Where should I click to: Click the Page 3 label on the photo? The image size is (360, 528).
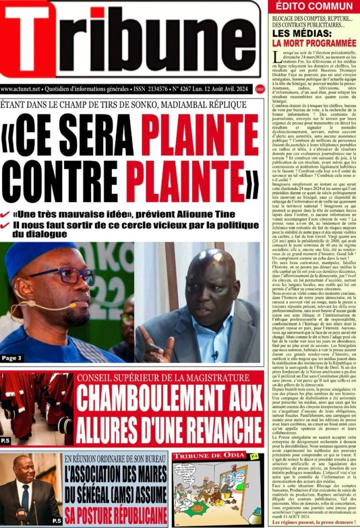13,358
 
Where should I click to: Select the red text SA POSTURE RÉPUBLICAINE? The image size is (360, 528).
116,515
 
